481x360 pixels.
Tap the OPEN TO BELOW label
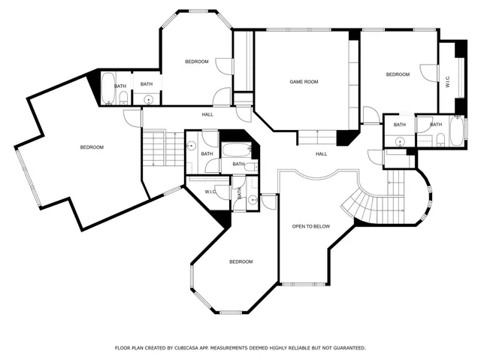point(310,225)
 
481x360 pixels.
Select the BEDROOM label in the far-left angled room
point(92,147)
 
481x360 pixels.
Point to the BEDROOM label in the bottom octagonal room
point(240,262)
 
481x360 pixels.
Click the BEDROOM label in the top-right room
point(398,74)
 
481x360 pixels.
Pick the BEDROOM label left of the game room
point(197,62)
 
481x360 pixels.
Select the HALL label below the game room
point(321,154)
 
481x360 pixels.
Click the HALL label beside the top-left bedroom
point(207,114)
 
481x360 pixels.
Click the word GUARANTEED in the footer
point(346,348)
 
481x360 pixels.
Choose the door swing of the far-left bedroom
point(132,118)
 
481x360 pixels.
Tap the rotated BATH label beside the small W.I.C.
point(240,193)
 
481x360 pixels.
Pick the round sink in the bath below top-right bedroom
point(401,141)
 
